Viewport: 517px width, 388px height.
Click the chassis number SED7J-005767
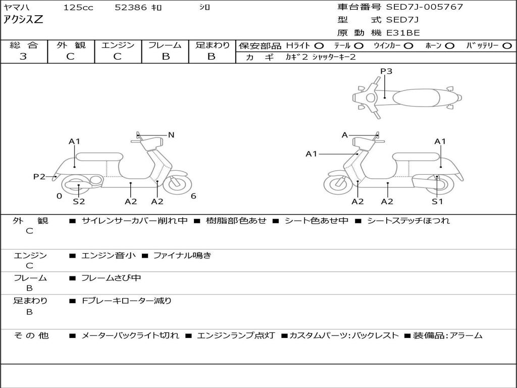click(425, 7)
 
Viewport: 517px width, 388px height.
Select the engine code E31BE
click(403, 33)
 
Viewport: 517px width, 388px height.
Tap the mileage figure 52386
click(131, 8)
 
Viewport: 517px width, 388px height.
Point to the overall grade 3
click(23, 57)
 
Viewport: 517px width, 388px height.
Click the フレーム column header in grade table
click(165, 45)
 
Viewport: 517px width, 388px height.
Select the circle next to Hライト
click(319, 45)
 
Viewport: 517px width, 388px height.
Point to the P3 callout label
click(386, 71)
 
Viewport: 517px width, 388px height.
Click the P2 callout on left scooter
click(39, 176)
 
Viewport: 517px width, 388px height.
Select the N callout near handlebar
click(171, 135)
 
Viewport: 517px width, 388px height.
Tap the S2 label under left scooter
click(79, 201)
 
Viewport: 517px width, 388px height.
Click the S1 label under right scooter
click(437, 201)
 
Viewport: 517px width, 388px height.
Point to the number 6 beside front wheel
click(193, 196)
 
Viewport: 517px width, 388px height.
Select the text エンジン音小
click(109, 256)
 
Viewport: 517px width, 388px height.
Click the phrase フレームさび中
click(111, 278)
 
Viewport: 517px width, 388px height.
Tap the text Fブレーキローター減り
click(127, 301)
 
